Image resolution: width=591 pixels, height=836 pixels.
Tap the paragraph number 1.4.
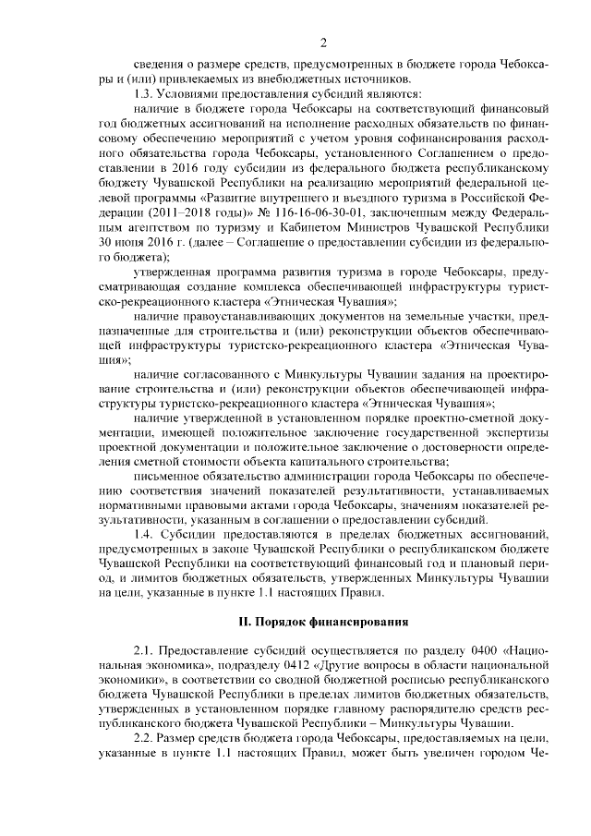(145, 533)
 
